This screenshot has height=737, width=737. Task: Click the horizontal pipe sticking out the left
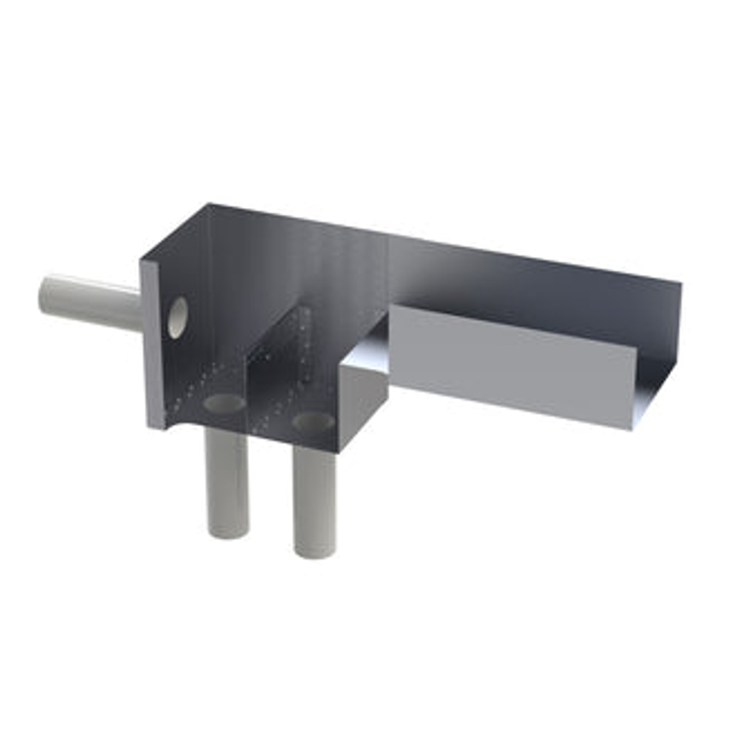92,302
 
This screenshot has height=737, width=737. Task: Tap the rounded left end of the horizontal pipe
46,293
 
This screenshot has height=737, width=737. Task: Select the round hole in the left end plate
177,317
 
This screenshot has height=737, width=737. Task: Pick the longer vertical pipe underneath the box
315,502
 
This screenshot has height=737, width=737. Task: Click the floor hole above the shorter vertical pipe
224,403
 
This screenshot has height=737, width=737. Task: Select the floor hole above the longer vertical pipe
313,421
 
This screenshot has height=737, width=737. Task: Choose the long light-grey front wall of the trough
512,365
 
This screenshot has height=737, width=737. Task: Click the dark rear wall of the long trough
532,287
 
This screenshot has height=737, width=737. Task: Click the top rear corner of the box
209,204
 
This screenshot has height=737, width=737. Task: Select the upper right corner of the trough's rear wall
680,280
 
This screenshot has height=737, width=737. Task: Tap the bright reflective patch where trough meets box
369,348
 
